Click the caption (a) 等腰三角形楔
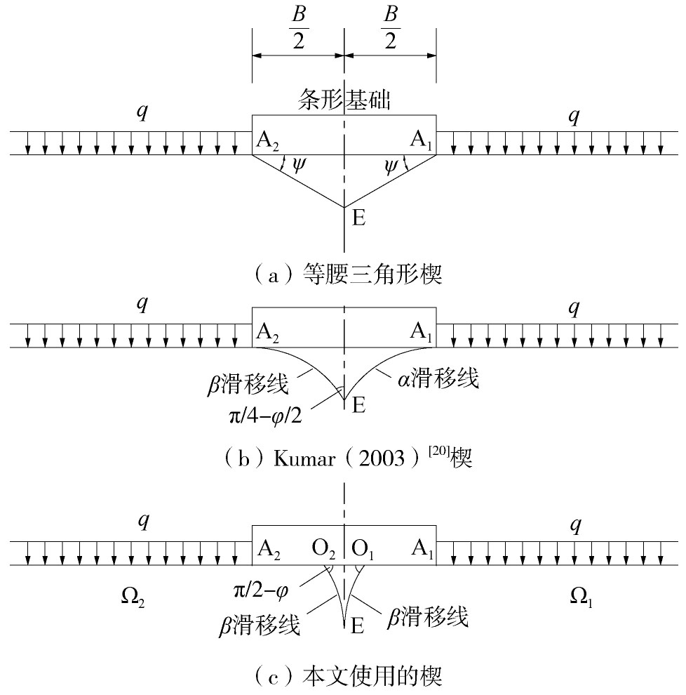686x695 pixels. coord(348,274)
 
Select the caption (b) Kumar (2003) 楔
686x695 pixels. coord(348,457)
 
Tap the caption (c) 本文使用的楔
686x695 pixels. coord(348,676)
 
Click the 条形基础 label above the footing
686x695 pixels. coord(344,98)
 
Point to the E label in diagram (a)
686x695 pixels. coord(358,218)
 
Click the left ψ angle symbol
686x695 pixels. coord(299,166)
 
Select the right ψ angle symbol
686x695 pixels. coord(391,166)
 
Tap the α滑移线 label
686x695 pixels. coord(438,379)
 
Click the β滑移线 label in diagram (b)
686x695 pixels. coord(248,384)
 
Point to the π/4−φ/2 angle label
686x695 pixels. coord(265,416)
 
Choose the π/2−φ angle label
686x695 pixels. coord(262,590)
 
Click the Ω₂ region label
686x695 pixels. coord(133,597)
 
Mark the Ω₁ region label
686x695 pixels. coord(581,597)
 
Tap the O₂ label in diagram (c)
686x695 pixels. coord(323,550)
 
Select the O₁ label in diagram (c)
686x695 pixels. coord(362,550)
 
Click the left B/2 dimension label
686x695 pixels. coord(299,27)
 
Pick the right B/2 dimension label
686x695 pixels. coord(391,27)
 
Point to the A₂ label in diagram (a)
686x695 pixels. coord(267,141)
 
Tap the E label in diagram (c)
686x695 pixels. coord(358,626)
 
